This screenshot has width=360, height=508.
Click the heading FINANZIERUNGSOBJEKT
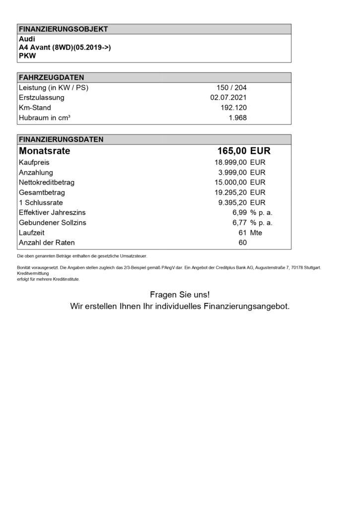click(63, 29)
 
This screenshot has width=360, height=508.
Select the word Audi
click(27, 38)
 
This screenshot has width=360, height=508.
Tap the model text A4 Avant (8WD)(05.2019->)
click(64, 47)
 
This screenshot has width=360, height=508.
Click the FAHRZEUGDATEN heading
click(51, 77)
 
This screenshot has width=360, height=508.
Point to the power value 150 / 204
click(230, 88)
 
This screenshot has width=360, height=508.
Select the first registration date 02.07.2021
click(228, 98)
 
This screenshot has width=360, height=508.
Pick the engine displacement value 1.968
click(237, 118)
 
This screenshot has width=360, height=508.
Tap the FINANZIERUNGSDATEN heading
click(61, 139)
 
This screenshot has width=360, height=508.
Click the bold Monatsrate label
click(44, 151)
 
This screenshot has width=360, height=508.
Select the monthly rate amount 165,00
click(232, 151)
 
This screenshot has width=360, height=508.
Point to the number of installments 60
click(242, 243)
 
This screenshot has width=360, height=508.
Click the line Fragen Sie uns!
click(180, 295)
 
